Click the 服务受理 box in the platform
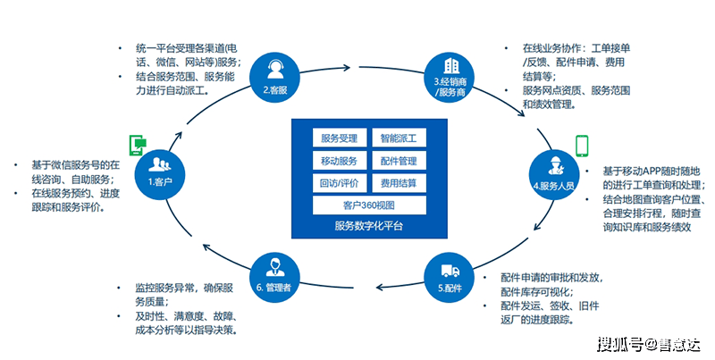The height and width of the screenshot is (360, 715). tap(339, 138)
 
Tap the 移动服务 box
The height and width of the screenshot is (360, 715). tap(339, 161)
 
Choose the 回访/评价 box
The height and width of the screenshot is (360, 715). tap(339, 183)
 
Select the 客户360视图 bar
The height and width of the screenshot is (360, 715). tap(369, 205)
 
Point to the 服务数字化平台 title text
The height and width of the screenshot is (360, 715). tap(369, 227)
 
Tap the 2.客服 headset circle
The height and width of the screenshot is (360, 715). tap(273, 75)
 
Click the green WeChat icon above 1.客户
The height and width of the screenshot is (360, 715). tap(139, 143)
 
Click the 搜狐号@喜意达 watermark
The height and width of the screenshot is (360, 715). tap(649, 343)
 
